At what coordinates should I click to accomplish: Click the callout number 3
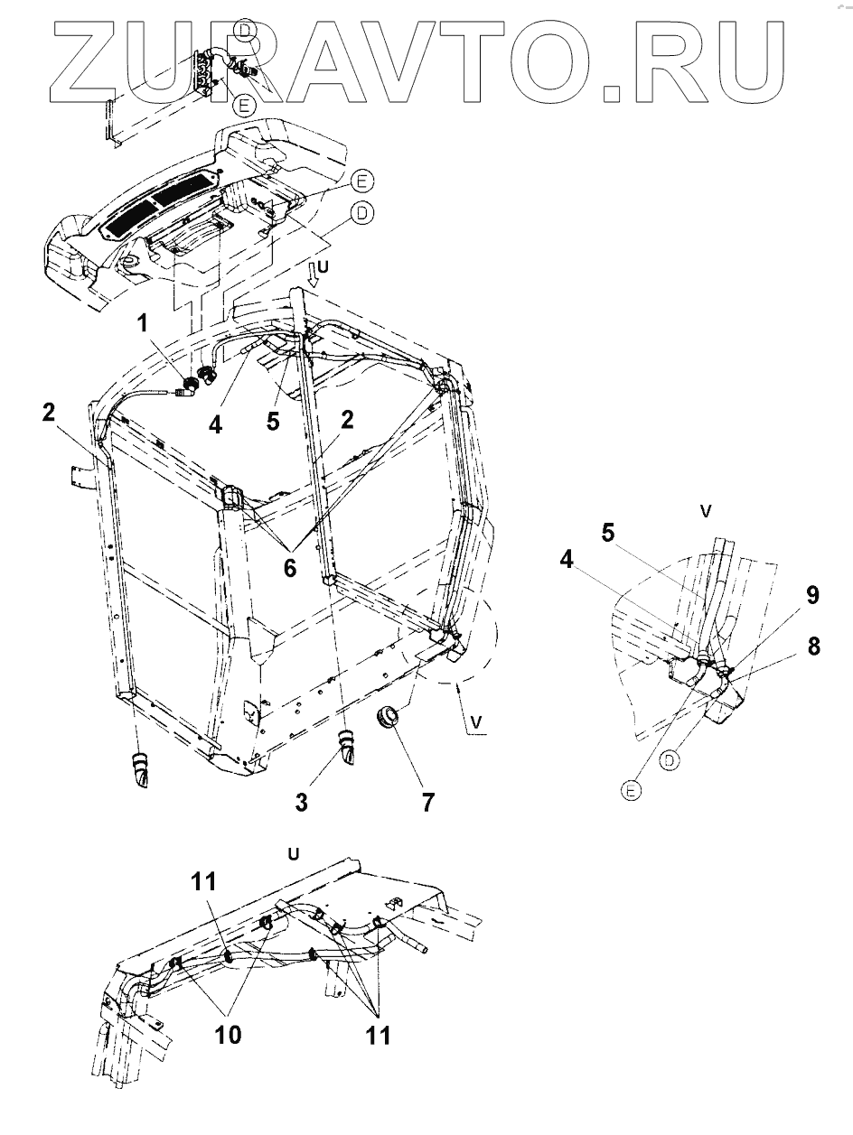point(301,800)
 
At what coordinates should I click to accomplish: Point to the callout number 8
point(814,647)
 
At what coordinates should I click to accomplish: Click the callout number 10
point(228,1034)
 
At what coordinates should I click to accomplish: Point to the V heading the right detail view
point(707,511)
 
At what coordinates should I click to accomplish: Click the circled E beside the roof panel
point(361,183)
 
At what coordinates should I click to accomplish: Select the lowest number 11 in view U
point(378,1034)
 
